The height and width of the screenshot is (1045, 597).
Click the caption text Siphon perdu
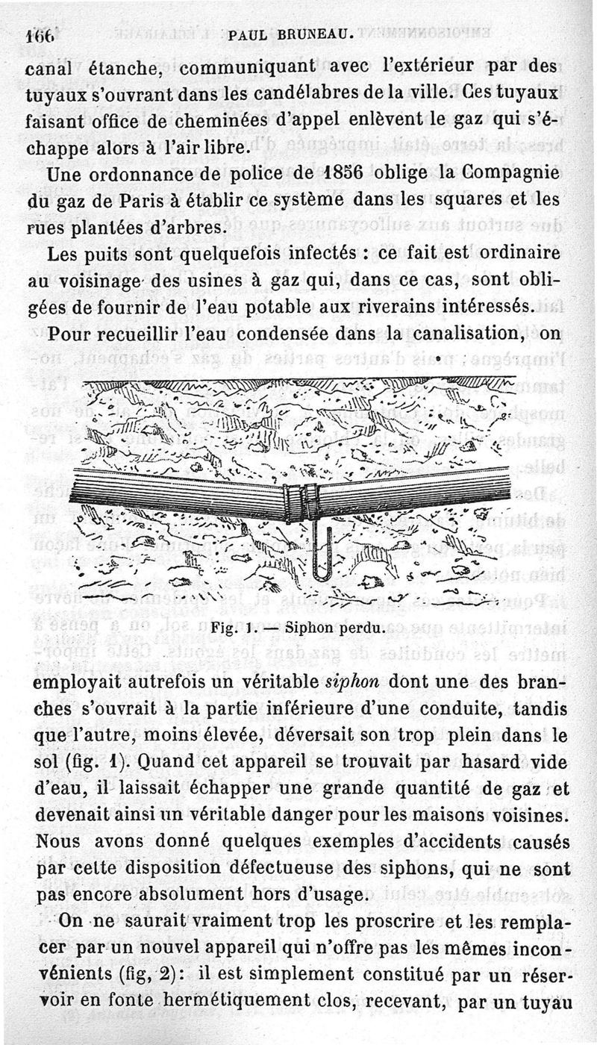tap(341, 628)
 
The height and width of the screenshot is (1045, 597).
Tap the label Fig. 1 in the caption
tap(231, 628)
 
